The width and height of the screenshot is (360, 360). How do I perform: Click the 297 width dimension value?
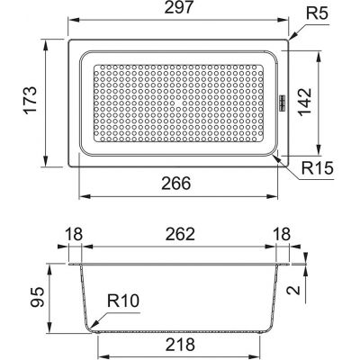(x=178, y=7)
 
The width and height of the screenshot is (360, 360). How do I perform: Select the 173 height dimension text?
(x=31, y=100)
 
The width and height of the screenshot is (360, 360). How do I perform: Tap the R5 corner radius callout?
(x=318, y=13)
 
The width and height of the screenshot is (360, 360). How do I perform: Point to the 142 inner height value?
(x=305, y=102)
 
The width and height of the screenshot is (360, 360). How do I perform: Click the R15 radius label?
(x=318, y=168)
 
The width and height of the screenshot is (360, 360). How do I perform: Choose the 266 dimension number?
(x=176, y=184)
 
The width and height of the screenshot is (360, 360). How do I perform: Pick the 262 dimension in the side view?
(x=180, y=234)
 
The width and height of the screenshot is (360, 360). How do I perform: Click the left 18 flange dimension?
(x=74, y=234)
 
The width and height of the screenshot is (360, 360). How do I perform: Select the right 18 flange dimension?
(x=282, y=234)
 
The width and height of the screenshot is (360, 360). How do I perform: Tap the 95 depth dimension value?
(x=38, y=298)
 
